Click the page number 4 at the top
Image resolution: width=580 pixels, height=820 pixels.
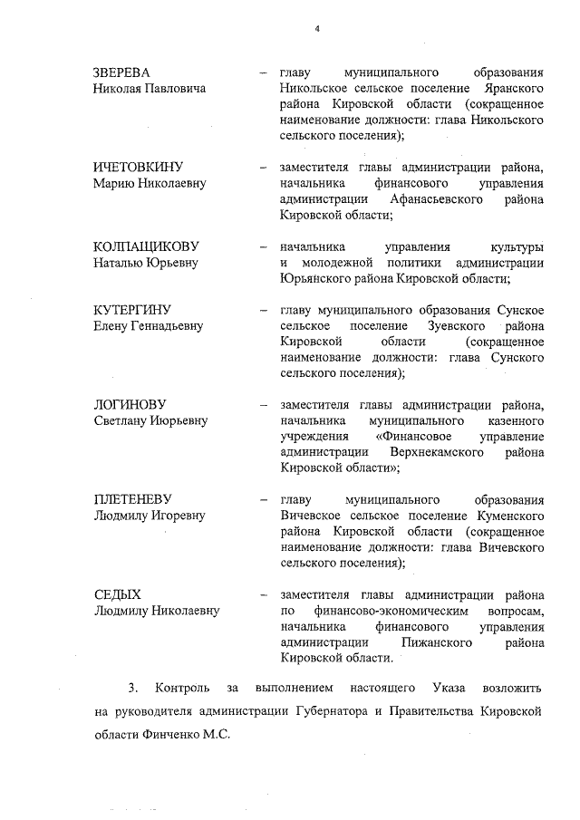(x=317, y=28)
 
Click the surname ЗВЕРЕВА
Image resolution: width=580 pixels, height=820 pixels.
(x=122, y=72)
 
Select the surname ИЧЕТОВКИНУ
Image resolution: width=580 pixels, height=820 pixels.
(x=139, y=168)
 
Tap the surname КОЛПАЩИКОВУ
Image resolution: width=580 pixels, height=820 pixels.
(x=146, y=247)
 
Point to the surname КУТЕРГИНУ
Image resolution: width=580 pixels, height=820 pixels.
(x=132, y=310)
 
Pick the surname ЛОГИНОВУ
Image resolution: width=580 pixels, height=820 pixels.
(x=130, y=405)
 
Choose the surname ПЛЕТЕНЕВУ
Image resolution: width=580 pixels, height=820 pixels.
(x=133, y=500)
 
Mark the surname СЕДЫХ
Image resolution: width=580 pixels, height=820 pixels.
(x=118, y=595)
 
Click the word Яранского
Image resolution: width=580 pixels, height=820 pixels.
(x=510, y=88)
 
